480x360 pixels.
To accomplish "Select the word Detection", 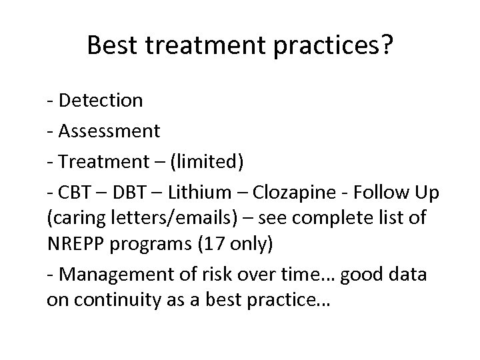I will point(100,101).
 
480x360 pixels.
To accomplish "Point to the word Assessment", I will point(109,130).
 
